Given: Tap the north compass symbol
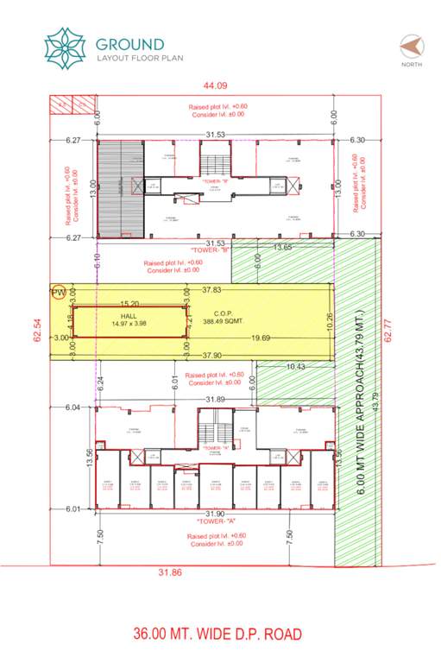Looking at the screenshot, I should pyautogui.click(x=411, y=46).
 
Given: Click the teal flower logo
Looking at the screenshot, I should pyautogui.click(x=66, y=47).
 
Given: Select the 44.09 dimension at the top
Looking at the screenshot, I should pyautogui.click(x=215, y=85).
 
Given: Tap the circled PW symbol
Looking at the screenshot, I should pyautogui.click(x=59, y=293).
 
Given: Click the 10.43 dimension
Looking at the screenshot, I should pyautogui.click(x=294, y=367).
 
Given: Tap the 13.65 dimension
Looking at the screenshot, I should pyautogui.click(x=284, y=248).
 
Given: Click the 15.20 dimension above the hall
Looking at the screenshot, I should pyautogui.click(x=130, y=303).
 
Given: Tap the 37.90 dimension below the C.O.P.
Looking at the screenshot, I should pyautogui.click(x=213, y=355).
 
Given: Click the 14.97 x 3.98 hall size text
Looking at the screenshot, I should pyautogui.click(x=130, y=324).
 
